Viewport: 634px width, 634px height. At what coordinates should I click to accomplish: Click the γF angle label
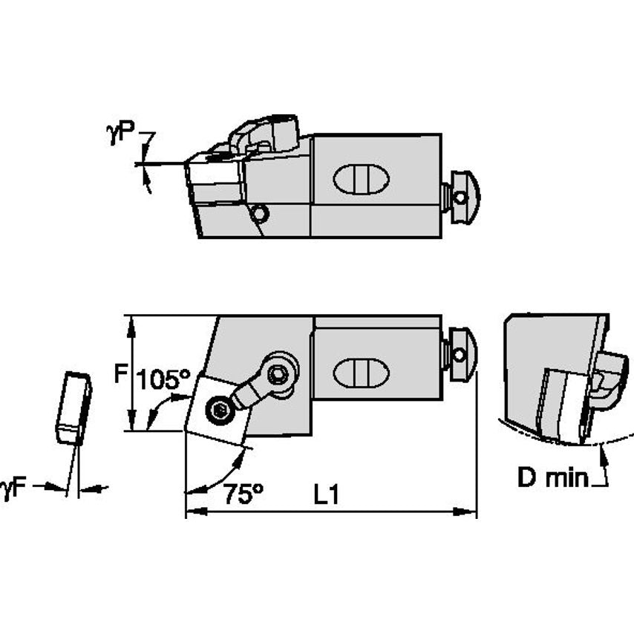(x=15, y=488)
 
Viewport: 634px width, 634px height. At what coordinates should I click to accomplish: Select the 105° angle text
(x=163, y=380)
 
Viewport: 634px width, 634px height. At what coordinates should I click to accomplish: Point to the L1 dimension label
(x=325, y=495)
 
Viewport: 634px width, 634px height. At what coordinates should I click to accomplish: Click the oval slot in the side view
(x=361, y=179)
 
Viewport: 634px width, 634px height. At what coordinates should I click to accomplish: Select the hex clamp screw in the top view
(x=279, y=374)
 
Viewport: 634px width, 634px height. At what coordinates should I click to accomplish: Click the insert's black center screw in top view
(x=218, y=411)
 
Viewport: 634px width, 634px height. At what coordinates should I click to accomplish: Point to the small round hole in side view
(x=259, y=214)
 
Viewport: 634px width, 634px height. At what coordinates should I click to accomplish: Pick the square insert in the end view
(x=564, y=404)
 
